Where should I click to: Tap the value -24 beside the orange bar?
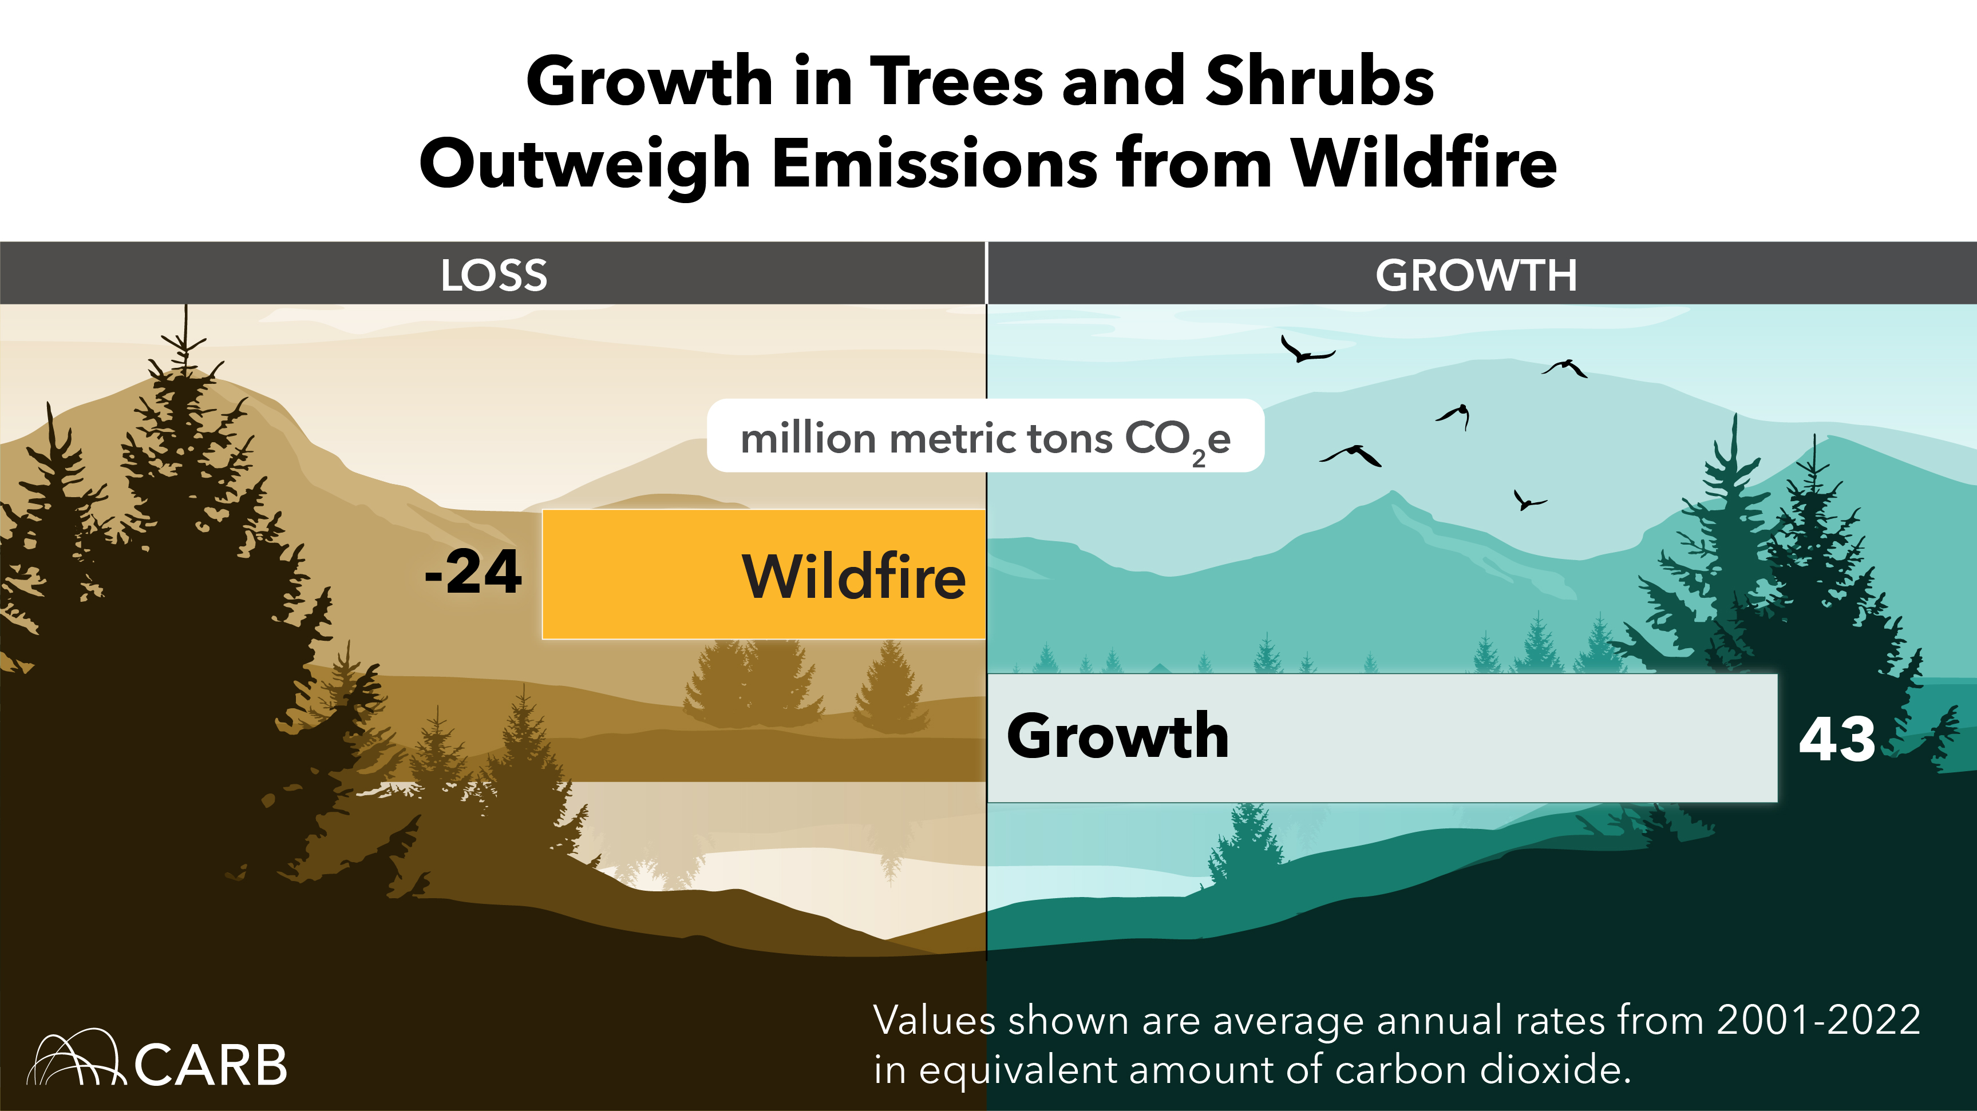tap(473, 573)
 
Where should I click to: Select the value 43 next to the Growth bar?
tap(1837, 739)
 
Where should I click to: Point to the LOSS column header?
tap(493, 275)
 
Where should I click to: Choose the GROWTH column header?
tap(1475, 275)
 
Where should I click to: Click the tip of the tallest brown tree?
tap(185, 308)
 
